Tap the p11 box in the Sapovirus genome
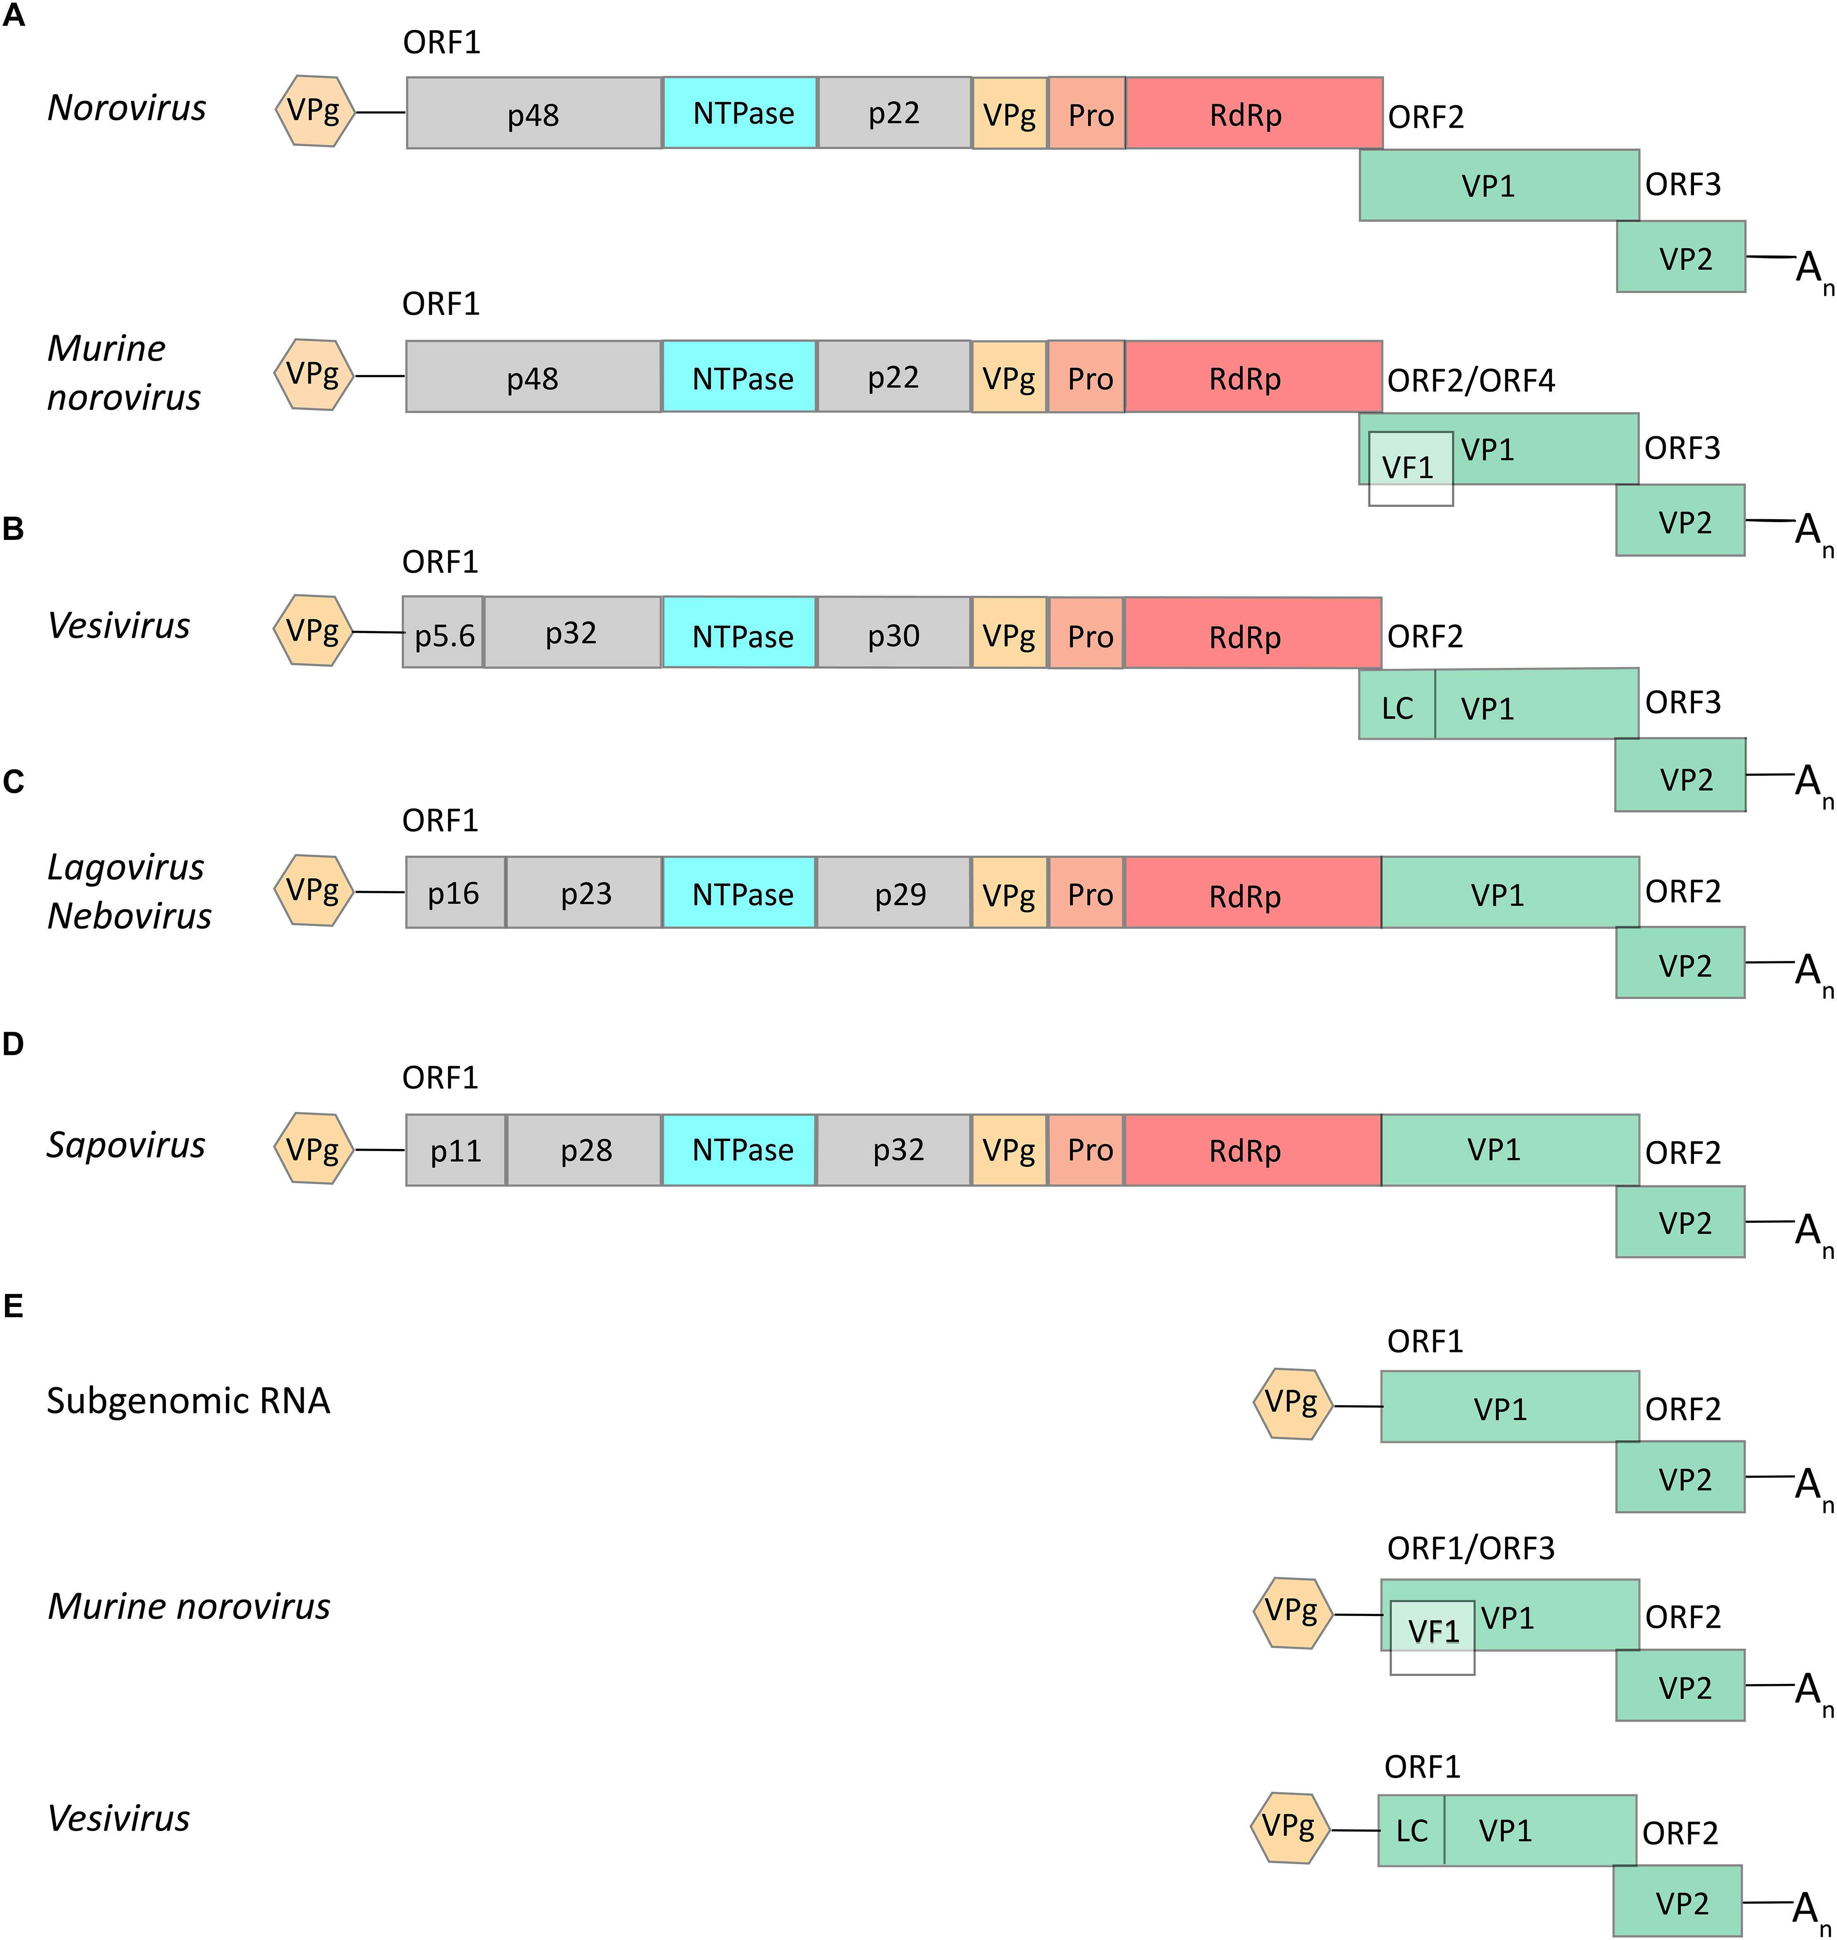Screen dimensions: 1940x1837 point(455,1150)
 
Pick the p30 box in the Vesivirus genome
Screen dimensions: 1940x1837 point(893,634)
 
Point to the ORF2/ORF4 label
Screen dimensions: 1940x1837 point(1471,380)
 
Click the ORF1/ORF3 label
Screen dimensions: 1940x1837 point(1471,1548)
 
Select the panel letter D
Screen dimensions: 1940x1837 point(14,1044)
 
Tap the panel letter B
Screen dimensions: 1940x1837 point(14,529)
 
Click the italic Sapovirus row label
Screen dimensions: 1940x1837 point(126,1145)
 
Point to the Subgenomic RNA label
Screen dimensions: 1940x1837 point(188,1401)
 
